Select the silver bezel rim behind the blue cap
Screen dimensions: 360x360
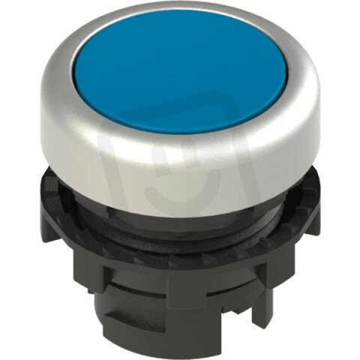[180, 15]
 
